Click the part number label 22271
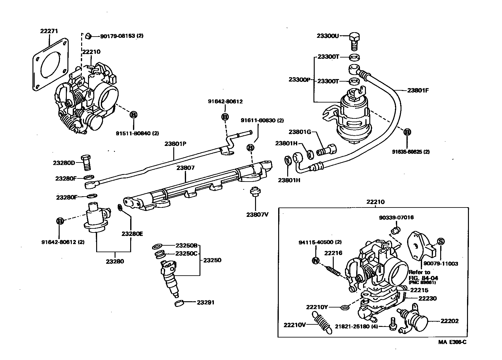coord(49,31)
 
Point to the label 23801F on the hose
coord(418,91)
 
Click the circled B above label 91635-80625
coord(407,132)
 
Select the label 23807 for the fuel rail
coord(185,168)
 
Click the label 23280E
coord(132,233)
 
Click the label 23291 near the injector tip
coord(205,302)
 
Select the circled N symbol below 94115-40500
coord(316,261)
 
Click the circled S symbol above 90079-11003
coord(440,241)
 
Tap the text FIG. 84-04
coord(423,277)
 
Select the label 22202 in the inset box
coord(449,321)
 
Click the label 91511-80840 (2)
coord(137,133)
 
